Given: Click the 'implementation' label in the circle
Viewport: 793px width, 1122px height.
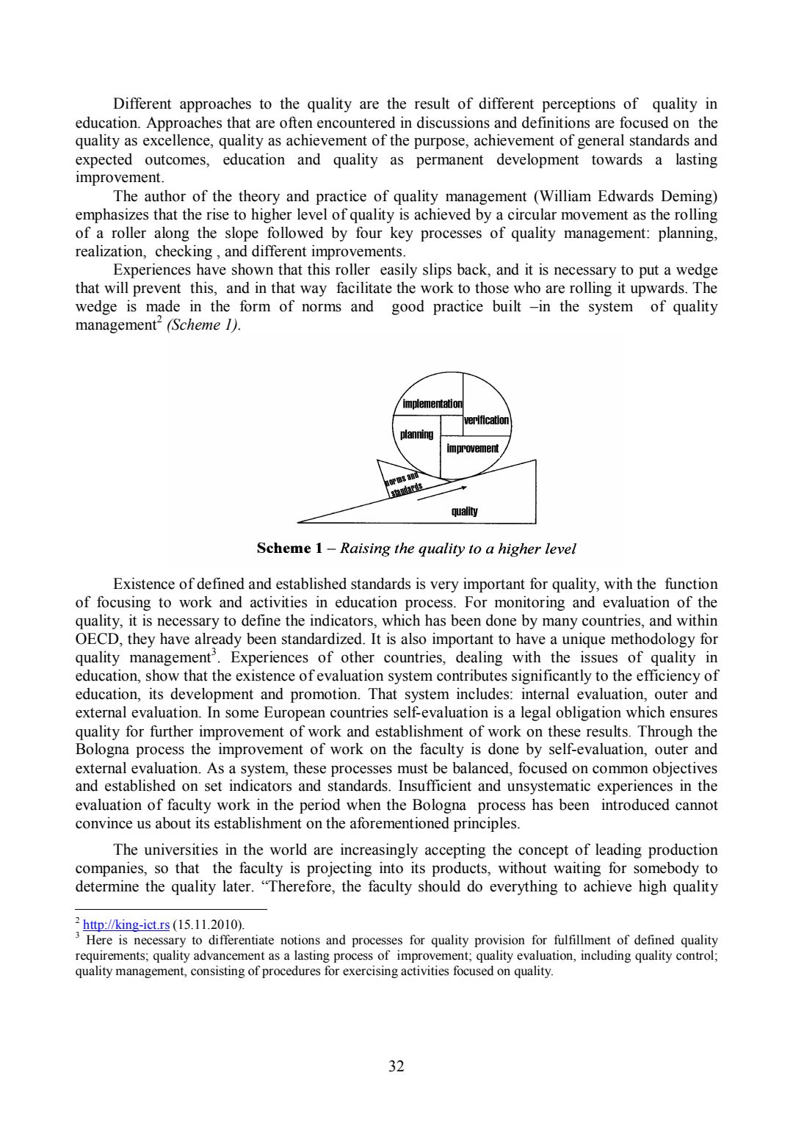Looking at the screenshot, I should click(432, 404).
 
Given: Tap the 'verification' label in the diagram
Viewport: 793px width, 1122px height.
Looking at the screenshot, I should click(486, 420).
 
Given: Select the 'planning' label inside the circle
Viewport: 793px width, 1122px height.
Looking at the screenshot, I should click(416, 435).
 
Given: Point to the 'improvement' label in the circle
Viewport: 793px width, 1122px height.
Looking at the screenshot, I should click(472, 448).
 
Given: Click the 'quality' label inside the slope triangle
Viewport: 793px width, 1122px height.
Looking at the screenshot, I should click(464, 511).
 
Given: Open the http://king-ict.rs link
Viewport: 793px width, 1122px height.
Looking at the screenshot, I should click(126, 924).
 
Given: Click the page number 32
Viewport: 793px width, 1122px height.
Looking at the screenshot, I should click(396, 1065).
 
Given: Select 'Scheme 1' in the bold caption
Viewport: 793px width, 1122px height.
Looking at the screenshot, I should click(289, 549).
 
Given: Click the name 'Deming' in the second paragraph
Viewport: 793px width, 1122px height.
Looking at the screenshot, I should click(689, 196).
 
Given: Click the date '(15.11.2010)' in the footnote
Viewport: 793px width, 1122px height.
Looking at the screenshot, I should click(209, 924).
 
